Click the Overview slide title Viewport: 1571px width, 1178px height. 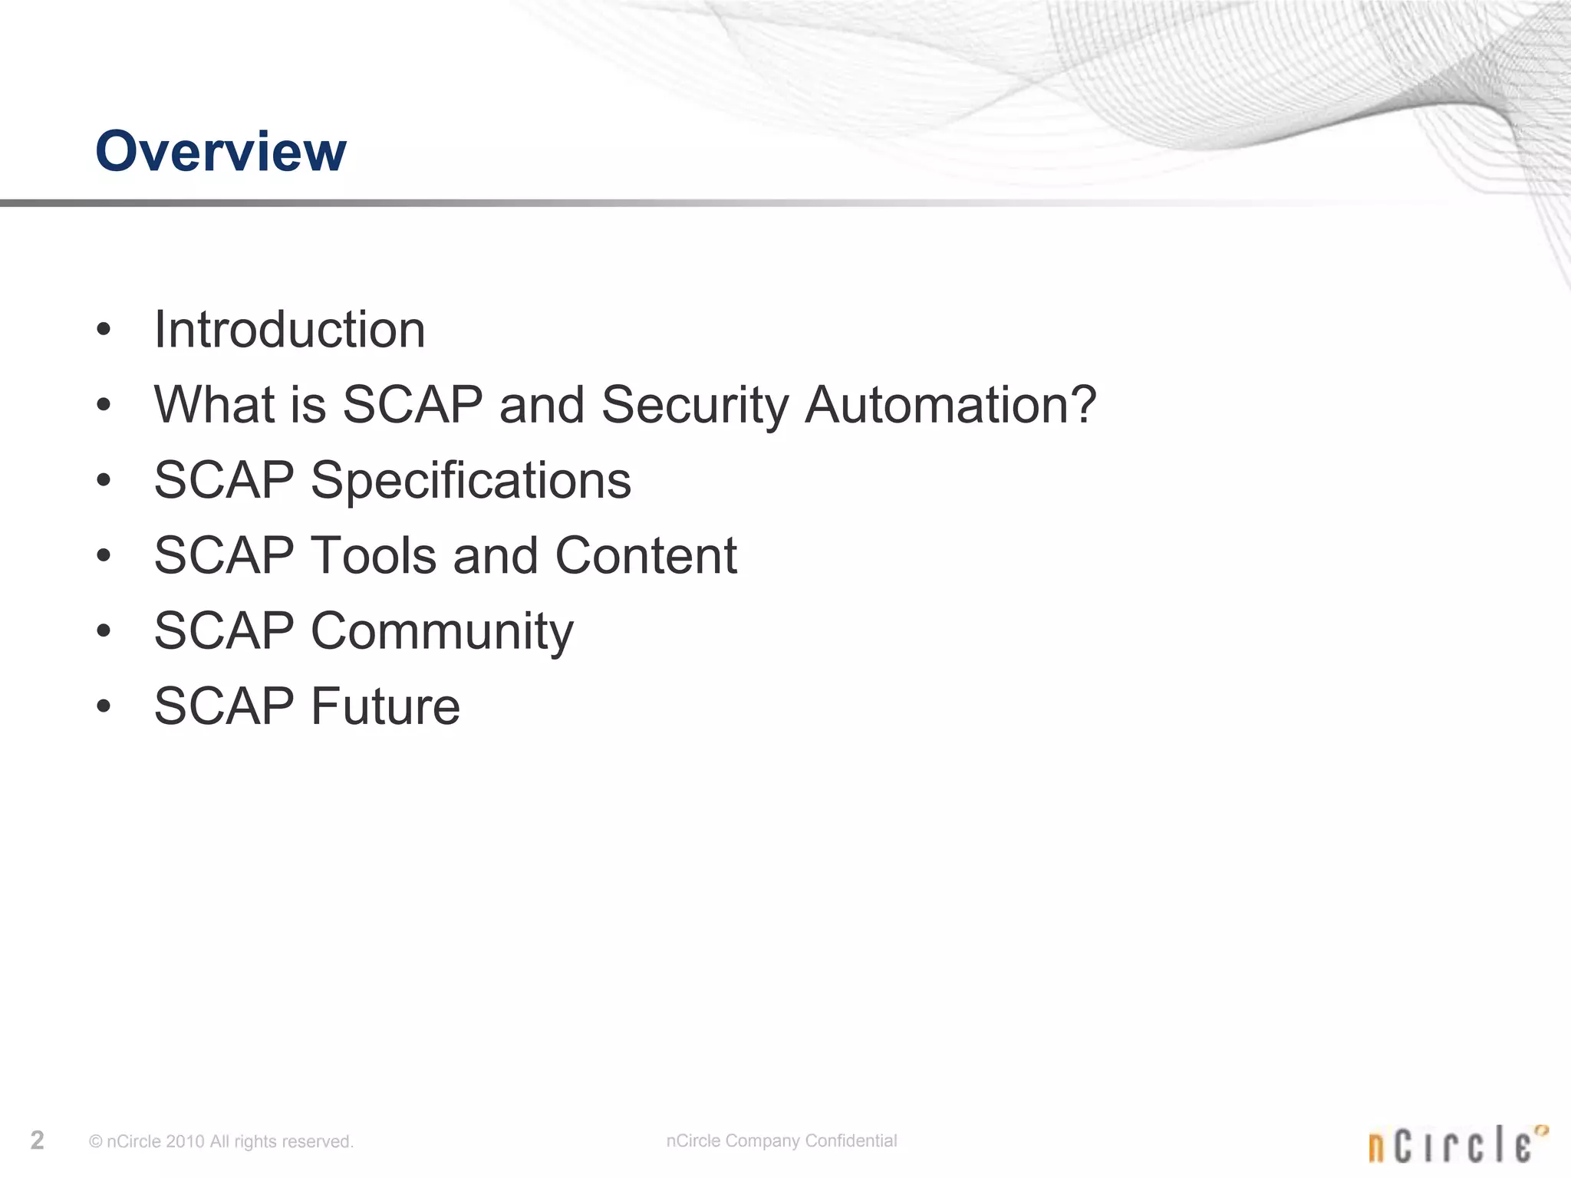(220, 151)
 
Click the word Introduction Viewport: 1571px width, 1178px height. (289, 330)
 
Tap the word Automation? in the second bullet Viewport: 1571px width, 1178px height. (950, 404)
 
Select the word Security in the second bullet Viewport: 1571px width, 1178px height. (694, 404)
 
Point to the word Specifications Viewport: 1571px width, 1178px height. (470, 480)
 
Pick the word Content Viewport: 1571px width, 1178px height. (645, 555)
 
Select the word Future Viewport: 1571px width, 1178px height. (384, 706)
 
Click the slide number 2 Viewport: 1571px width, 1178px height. (37, 1140)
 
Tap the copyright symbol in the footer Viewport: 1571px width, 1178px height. (96, 1142)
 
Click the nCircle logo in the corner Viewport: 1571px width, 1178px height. (1457, 1143)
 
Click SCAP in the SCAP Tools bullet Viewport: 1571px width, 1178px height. (224, 555)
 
